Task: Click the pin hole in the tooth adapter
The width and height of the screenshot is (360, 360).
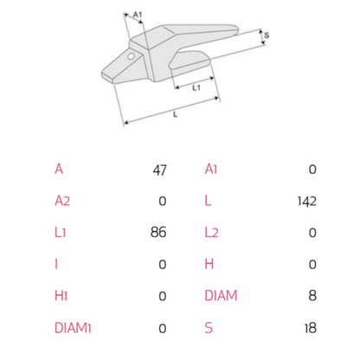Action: (x=132, y=56)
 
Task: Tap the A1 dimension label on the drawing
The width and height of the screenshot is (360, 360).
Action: (x=138, y=15)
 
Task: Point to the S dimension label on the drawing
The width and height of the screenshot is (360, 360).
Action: (x=267, y=35)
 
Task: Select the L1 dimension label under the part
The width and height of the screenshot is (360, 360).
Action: (x=196, y=87)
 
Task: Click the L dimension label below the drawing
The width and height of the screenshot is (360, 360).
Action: (x=175, y=115)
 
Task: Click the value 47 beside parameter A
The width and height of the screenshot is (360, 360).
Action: (x=159, y=170)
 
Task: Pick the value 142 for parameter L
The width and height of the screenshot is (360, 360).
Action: (x=307, y=202)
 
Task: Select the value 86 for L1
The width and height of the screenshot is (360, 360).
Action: (x=158, y=233)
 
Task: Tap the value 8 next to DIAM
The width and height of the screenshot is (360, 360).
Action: (x=312, y=296)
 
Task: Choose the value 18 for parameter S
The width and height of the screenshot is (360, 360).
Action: (x=311, y=328)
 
